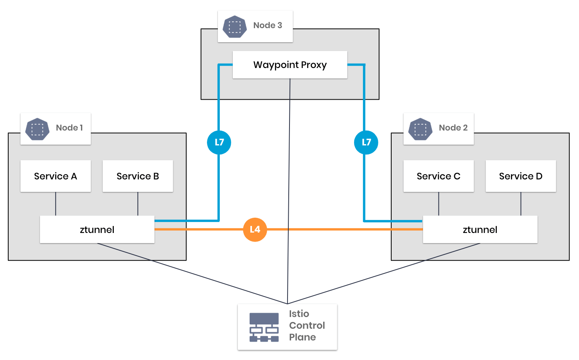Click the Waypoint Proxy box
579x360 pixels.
click(290, 65)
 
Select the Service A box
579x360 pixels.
click(56, 176)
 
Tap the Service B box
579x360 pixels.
click(138, 176)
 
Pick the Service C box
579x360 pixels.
click(439, 176)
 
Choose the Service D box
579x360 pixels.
click(521, 176)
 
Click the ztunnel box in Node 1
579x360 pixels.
click(97, 229)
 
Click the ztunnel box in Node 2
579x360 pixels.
click(480, 229)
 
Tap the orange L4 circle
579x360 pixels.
click(255, 229)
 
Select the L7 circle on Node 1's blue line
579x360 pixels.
click(219, 142)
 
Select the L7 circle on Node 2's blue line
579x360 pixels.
click(366, 142)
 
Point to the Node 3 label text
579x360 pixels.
click(268, 25)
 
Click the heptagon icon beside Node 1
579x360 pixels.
click(37, 129)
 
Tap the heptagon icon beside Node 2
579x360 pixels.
click(420, 129)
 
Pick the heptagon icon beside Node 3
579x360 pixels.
click(234, 27)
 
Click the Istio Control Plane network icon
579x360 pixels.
click(264, 327)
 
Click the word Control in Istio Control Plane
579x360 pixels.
click(307, 326)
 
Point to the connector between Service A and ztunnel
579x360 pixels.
click(56, 204)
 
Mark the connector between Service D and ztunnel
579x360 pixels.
click(521, 204)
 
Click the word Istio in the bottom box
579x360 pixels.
click(299, 314)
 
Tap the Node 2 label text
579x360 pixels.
click(453, 128)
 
